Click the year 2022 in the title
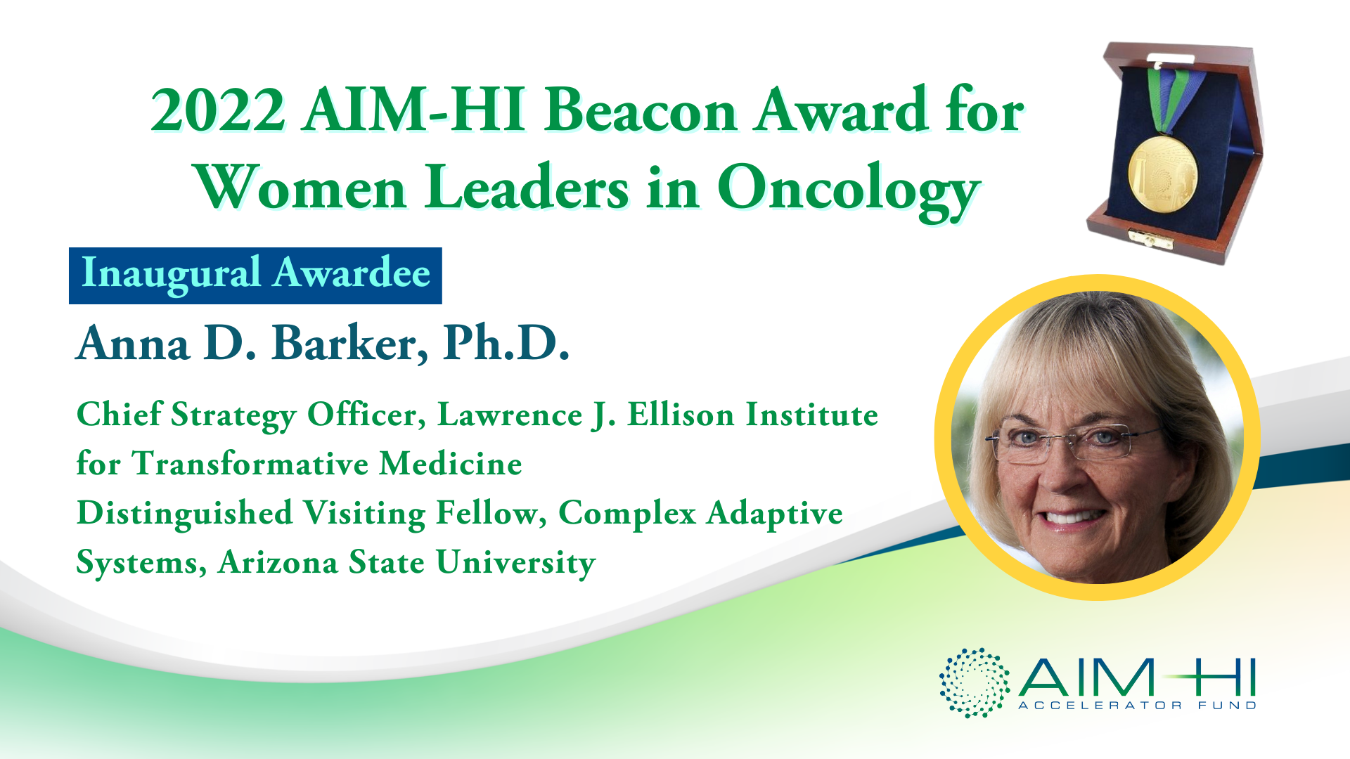218,111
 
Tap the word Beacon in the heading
641,110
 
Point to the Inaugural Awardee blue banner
255,275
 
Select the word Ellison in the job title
681,414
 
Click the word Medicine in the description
451,464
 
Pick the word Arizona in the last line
278,562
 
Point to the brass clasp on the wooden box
1152,239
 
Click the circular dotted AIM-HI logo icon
975,682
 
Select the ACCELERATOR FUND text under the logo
1137,705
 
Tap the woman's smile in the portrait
1069,517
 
